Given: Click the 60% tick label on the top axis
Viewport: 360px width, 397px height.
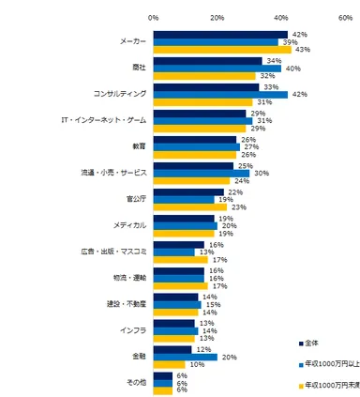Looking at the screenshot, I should coord(344,16).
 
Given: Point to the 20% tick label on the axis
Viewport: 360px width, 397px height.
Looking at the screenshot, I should coord(217,16).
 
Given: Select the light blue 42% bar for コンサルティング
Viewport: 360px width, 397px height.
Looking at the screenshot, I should coord(219,94).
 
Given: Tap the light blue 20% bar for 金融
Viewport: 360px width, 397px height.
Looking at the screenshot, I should coord(185,357).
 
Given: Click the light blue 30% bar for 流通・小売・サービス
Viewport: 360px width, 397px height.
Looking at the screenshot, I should coord(201,173).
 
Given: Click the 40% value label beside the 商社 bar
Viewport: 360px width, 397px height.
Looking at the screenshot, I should coord(292,69).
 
